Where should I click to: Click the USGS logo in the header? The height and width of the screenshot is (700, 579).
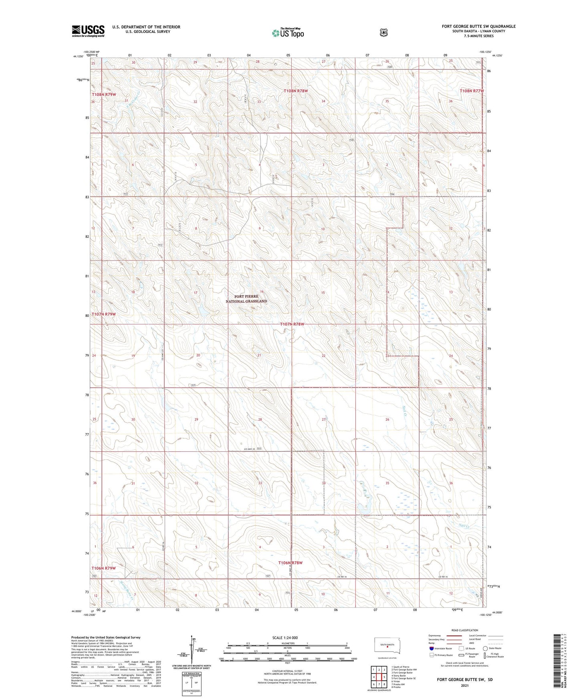[88, 31]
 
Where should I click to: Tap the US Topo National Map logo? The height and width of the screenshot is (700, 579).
[287, 33]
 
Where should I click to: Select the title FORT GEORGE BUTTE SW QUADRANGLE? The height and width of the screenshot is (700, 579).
[478, 26]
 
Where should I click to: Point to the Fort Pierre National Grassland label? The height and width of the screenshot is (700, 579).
[246, 299]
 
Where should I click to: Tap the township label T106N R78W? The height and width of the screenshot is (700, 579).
[290, 562]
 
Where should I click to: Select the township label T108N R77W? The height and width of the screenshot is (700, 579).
[472, 91]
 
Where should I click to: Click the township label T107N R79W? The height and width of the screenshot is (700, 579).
[103, 314]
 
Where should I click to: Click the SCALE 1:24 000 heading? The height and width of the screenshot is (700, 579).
[285, 638]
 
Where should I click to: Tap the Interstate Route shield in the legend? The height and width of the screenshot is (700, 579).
[431, 648]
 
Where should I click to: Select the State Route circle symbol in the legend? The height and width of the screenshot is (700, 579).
[485, 648]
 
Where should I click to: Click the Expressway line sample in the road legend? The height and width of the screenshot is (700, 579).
[452, 635]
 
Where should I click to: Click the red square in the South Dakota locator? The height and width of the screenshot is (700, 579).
[387, 646]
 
